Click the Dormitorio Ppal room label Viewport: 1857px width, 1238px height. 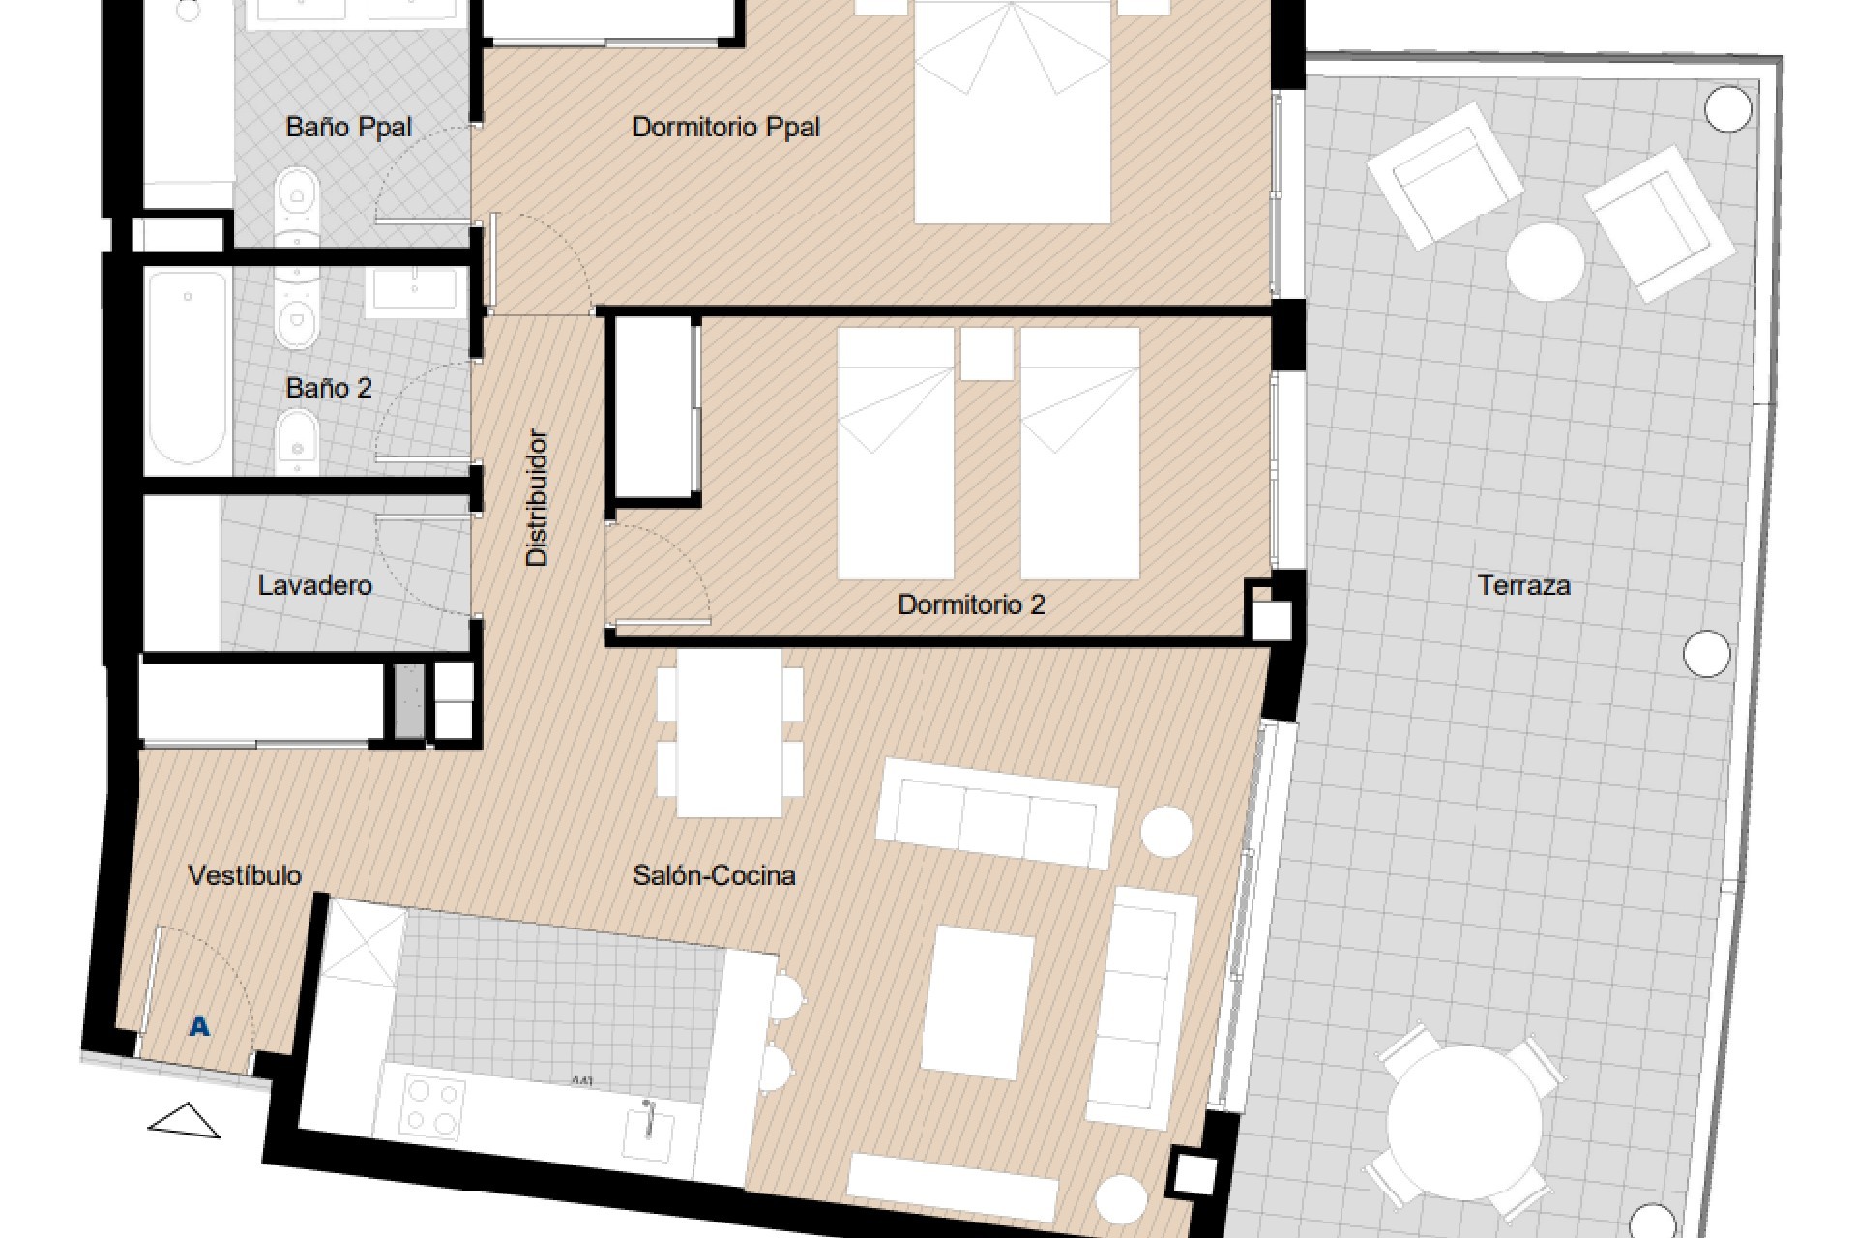pos(725,127)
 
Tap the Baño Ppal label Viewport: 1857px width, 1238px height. pos(348,127)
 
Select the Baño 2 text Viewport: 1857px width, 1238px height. pos(329,388)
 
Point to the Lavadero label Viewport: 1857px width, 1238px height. pos(314,585)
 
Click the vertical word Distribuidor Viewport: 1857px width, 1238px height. pos(537,497)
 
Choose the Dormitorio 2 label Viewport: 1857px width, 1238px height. pos(971,604)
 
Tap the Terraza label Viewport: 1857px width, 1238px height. pos(1523,585)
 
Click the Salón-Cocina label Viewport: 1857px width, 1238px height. pos(714,875)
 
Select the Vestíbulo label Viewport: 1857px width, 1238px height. pos(245,875)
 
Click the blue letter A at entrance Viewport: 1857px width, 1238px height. pos(199,1026)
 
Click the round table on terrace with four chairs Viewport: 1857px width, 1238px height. pos(1463,1122)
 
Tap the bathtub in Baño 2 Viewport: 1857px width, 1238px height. pos(188,368)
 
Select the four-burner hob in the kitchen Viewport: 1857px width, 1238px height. pos(431,1105)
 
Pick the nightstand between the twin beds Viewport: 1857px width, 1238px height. pos(987,353)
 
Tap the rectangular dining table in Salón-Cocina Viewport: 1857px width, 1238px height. pos(729,733)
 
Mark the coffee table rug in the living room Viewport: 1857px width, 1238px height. pos(979,1003)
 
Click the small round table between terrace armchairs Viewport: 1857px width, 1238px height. pos(1545,261)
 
